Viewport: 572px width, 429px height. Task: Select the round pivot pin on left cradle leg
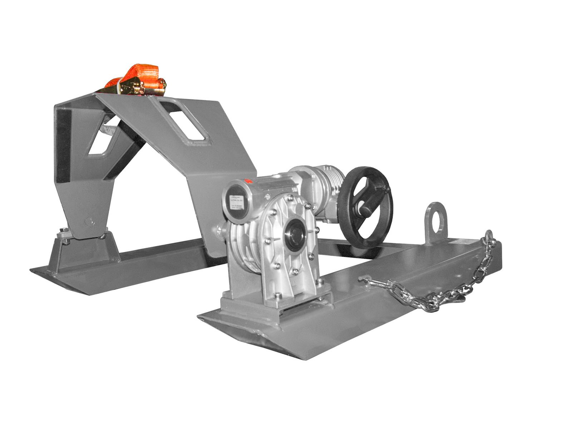(89, 221)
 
